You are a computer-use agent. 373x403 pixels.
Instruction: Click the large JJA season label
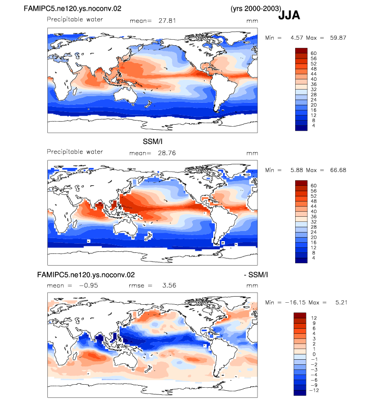289,15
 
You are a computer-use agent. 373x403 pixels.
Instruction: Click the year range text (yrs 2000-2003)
256,9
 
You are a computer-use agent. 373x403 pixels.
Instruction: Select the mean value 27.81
167,20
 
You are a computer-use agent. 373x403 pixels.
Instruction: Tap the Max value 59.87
338,38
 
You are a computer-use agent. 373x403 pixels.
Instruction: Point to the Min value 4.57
297,38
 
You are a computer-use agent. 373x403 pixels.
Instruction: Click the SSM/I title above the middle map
153,141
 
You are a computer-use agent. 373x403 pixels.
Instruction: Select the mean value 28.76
167,153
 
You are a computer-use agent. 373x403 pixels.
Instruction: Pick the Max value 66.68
338,170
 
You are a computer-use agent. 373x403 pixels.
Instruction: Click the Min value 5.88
297,170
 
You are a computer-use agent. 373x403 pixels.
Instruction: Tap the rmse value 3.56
169,285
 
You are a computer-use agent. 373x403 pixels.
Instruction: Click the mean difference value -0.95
89,285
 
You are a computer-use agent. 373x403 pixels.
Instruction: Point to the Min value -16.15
295,303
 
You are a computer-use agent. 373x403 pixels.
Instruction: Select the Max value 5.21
341,303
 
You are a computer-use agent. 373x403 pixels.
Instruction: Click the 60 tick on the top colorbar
313,53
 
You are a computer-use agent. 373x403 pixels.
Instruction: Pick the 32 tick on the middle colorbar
313,222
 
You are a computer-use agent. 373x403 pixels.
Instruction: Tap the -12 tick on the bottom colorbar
314,390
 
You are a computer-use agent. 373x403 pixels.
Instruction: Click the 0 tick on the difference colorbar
314,354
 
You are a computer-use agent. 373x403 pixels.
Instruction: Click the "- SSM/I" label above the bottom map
256,275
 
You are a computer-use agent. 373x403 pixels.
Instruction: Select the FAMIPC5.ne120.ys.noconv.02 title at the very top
72,9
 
